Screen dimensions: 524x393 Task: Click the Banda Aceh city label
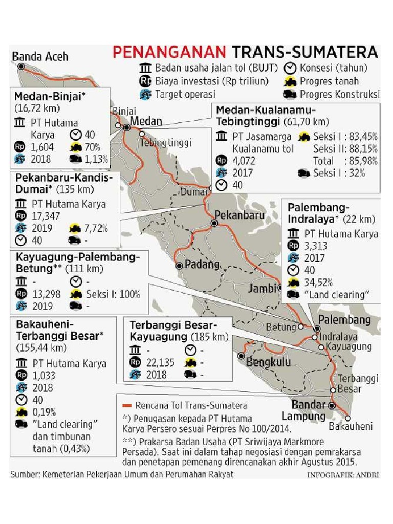pyautogui.click(x=40, y=56)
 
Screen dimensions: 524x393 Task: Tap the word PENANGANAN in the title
pyautogui.click(x=169, y=52)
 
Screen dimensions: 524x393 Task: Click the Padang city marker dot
pyautogui.click(x=179, y=266)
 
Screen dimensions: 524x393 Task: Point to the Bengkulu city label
pyautogui.click(x=269, y=362)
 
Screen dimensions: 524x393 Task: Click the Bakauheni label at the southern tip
pyautogui.click(x=351, y=426)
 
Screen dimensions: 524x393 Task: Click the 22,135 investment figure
pyautogui.click(x=160, y=362)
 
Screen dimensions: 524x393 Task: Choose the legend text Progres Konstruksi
pyautogui.click(x=340, y=94)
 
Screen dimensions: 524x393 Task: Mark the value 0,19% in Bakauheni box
pyautogui.click(x=45, y=412)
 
